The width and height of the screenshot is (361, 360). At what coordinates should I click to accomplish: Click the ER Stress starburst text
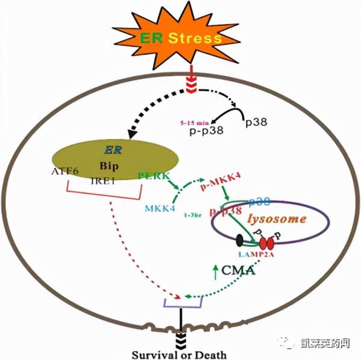click(x=181, y=40)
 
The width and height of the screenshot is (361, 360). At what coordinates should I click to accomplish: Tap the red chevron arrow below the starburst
click(x=191, y=84)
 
